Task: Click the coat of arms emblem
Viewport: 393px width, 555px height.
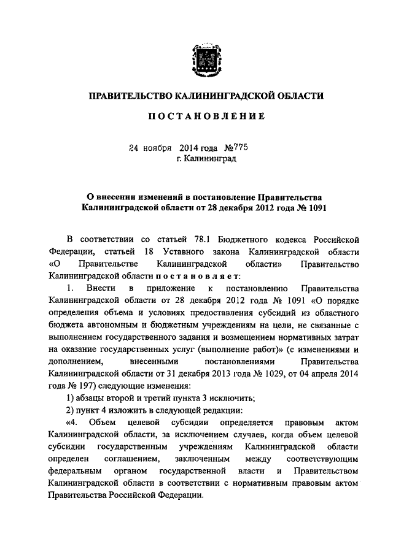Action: click(204, 58)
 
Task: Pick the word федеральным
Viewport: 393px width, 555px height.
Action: click(73, 471)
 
